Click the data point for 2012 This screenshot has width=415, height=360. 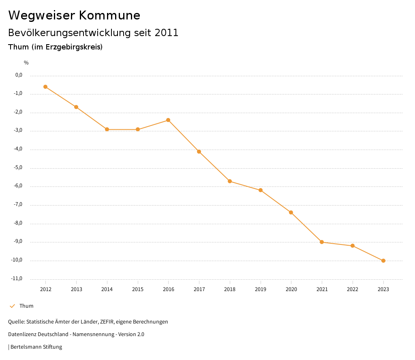coord(45,87)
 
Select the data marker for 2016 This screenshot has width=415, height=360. coord(168,120)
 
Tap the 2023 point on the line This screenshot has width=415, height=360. coord(383,261)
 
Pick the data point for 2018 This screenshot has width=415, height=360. coord(230,181)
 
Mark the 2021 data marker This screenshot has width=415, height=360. coord(322,242)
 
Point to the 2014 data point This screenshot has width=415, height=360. coord(107,129)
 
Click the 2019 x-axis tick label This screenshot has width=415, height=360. coord(261,289)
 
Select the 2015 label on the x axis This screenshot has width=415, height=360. coord(138,289)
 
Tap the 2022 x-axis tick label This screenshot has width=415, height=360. coord(353,289)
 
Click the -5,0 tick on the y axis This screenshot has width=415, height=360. coord(19,167)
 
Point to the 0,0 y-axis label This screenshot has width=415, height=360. coord(19,75)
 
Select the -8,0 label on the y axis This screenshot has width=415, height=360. coord(19,223)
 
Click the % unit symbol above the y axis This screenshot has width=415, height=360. coord(26,63)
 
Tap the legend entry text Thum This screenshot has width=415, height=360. coord(26,306)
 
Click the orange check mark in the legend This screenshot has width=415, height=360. coord(12,306)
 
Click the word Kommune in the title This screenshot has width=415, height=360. coord(109,15)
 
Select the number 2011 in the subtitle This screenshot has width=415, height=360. coord(167,33)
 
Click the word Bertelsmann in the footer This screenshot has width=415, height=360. coord(26,347)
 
